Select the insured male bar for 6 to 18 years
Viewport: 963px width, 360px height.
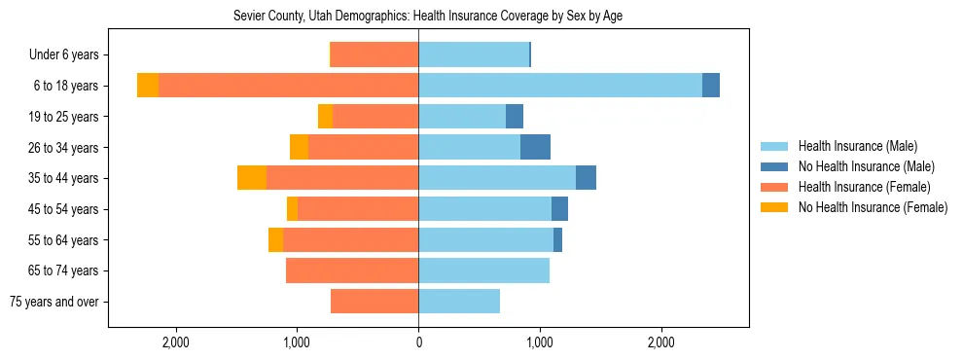click(560, 86)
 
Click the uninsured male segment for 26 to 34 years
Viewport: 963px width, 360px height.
click(535, 147)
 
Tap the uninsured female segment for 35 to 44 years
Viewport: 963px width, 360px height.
click(252, 178)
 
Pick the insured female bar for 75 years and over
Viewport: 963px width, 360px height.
click(374, 302)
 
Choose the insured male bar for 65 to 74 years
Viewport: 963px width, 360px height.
click(483, 270)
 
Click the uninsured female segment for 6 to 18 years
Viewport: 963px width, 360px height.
click(148, 86)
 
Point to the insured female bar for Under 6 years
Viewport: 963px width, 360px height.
click(374, 54)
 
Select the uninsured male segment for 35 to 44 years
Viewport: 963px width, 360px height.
click(586, 178)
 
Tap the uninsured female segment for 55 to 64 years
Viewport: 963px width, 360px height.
click(275, 239)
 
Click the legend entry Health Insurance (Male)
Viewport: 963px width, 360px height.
click(856, 146)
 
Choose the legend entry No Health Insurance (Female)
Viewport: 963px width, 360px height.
click(872, 207)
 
